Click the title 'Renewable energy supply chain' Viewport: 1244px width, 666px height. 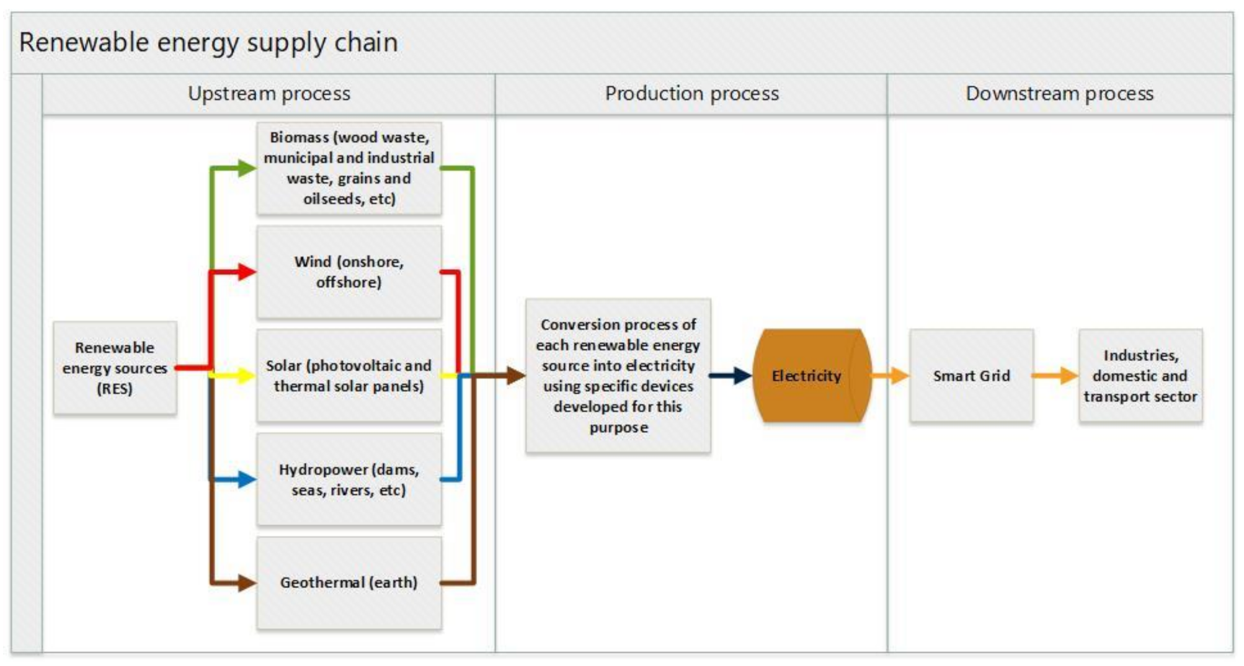point(208,43)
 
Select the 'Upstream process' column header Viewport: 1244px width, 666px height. point(269,94)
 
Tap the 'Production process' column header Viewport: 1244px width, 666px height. point(691,94)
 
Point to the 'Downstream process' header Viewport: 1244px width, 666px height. point(1059,94)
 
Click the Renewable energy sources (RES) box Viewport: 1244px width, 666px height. point(115,368)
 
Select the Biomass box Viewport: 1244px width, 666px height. point(349,168)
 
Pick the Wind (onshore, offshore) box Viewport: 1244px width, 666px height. point(349,272)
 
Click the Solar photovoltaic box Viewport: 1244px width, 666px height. point(349,376)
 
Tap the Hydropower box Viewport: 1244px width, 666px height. point(349,479)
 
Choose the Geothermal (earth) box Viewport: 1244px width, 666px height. point(349,583)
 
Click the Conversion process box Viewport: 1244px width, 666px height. point(618,376)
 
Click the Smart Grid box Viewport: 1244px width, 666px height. point(971,376)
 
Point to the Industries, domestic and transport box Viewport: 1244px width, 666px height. point(1140,376)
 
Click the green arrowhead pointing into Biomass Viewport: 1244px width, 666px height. point(247,168)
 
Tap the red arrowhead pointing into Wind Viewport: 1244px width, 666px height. point(247,272)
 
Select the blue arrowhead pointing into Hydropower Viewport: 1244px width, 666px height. point(247,479)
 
